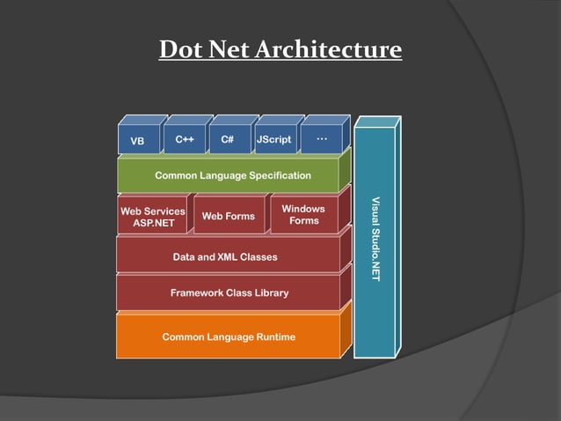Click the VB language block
click(x=138, y=140)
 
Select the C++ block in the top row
click(x=185, y=139)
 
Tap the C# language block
click(x=228, y=139)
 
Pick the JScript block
click(x=273, y=139)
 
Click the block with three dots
click(x=321, y=138)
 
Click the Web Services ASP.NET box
click(x=153, y=218)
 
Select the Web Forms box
click(x=229, y=216)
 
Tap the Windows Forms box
click(x=303, y=215)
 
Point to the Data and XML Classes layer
click(x=225, y=257)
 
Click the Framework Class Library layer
click(x=229, y=292)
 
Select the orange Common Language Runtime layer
click(x=229, y=336)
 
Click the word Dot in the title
click(x=179, y=49)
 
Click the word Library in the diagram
click(x=269, y=292)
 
